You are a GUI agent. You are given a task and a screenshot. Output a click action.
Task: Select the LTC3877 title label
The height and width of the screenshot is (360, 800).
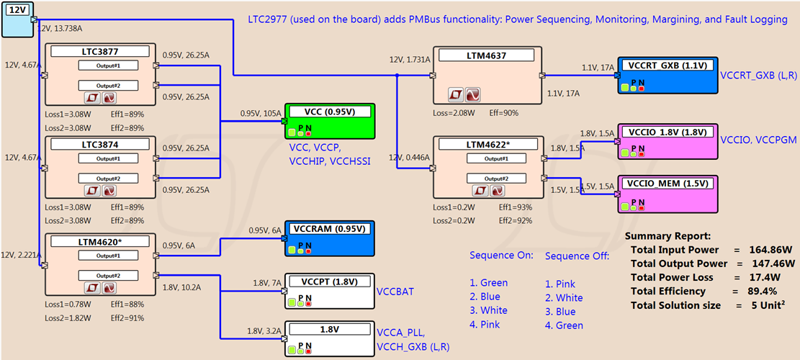click(x=100, y=52)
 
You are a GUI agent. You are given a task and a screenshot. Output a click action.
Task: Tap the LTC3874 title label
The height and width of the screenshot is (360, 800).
click(x=100, y=144)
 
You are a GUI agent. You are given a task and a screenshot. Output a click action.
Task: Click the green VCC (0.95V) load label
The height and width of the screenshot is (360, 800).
click(x=328, y=112)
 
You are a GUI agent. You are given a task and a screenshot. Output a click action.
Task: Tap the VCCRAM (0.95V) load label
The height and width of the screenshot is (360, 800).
click(x=328, y=229)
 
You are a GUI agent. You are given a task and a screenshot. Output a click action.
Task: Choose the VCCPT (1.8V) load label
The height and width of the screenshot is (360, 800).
click(x=328, y=282)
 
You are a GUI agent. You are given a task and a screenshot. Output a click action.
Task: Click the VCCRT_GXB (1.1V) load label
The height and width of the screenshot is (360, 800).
click(x=667, y=66)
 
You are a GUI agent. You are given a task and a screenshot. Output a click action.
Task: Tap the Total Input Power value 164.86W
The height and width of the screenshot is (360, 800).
click(x=766, y=250)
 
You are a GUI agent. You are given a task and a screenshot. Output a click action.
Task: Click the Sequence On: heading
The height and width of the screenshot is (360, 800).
click(x=501, y=256)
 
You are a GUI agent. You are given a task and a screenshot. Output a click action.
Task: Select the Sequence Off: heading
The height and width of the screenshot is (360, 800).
click(x=577, y=256)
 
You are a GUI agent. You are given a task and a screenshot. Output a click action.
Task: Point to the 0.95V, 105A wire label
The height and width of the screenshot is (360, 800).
click(x=261, y=113)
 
